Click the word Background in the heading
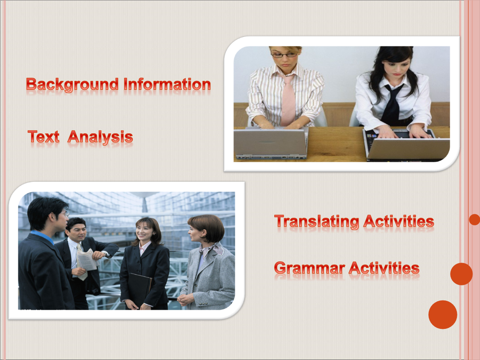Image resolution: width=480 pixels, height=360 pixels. click(72, 85)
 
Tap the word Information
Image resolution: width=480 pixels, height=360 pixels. click(167, 84)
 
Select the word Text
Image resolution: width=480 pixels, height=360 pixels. click(43, 136)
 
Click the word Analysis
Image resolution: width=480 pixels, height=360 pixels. click(100, 137)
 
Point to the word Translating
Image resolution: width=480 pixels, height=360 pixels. click(316, 221)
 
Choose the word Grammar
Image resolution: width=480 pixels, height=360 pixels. click(309, 268)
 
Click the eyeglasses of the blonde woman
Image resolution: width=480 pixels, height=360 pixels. click(284, 55)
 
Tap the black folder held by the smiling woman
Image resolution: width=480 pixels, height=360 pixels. click(140, 289)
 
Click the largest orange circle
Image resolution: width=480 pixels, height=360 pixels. click(443, 315)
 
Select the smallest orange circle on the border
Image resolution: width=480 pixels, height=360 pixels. click(475, 220)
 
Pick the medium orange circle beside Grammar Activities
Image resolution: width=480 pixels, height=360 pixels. click(461, 274)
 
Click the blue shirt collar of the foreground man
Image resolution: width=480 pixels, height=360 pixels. click(43, 237)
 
